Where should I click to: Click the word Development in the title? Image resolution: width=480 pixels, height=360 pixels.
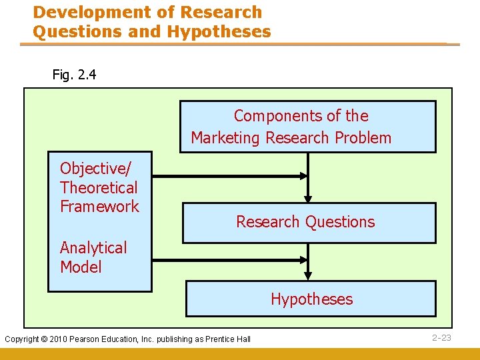click(x=81, y=12)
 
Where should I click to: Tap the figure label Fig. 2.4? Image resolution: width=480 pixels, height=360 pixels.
click(x=74, y=75)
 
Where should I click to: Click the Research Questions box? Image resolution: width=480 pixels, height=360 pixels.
click(x=309, y=222)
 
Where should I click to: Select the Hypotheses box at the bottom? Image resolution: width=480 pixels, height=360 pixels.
click(x=311, y=299)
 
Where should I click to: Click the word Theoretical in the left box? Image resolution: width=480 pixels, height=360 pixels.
click(x=99, y=187)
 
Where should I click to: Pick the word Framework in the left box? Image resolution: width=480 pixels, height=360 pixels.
click(x=99, y=207)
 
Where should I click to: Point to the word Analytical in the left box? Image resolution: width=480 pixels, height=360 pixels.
click(x=93, y=248)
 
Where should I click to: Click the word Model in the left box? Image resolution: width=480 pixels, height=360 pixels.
click(x=81, y=267)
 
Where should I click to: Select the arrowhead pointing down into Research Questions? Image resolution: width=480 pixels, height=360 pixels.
click(x=307, y=197)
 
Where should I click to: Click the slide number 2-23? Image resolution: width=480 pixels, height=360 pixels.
click(x=441, y=338)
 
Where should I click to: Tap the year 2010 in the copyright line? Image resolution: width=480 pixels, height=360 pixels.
click(x=76, y=339)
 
